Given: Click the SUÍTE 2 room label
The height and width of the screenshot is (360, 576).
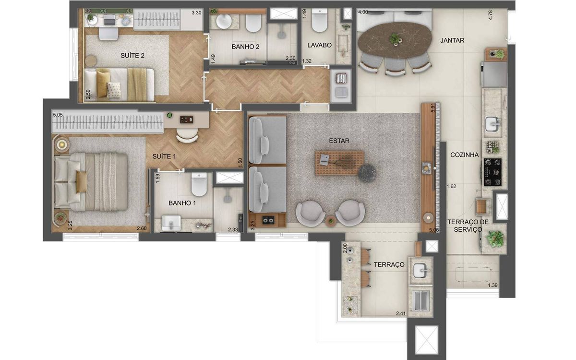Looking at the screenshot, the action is (132, 55).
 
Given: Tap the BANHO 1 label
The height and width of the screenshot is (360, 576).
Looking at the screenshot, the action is (182, 203).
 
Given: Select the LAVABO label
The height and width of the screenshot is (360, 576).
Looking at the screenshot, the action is (319, 45).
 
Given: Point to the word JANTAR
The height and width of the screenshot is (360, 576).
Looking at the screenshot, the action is (452, 40).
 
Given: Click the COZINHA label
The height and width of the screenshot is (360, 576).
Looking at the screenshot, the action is (465, 155).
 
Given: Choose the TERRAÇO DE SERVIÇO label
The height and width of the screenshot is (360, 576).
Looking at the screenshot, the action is (468, 226).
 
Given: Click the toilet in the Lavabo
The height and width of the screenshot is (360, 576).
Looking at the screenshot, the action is (320, 21).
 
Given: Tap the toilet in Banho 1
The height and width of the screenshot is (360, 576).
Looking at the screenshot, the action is (199, 184).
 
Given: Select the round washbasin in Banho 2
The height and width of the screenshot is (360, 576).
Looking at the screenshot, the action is (224, 21).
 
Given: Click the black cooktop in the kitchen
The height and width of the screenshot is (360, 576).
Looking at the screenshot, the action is (492, 172).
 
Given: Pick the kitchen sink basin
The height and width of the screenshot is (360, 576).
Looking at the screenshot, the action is (492, 124).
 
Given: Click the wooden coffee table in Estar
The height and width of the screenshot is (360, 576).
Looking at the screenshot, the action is (339, 163).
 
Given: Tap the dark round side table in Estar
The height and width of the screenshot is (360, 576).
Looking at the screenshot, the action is (367, 174).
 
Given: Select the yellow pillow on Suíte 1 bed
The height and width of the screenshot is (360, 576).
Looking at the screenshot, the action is (82, 182).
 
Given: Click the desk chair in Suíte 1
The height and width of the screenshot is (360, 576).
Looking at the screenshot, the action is (187, 135).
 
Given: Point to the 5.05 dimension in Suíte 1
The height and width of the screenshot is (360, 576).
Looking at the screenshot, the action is (58, 115).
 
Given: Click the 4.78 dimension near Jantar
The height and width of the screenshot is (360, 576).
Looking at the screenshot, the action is (491, 15).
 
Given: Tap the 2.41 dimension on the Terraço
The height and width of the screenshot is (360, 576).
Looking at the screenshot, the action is (401, 313).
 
